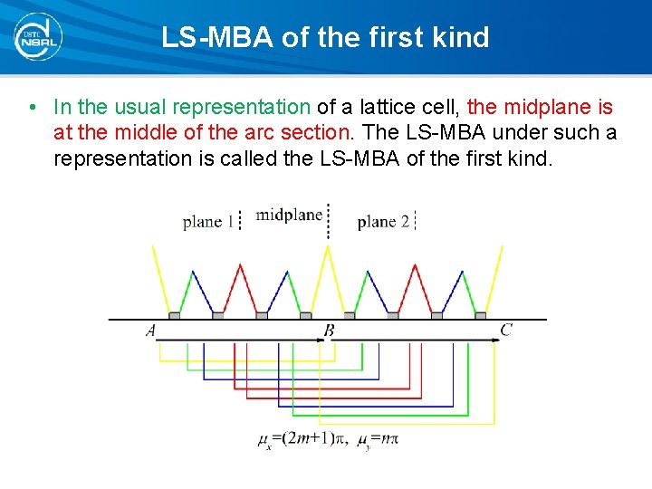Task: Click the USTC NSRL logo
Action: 37,37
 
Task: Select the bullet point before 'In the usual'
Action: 33,108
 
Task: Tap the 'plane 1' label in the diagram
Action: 208,221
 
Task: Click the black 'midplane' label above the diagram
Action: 289,215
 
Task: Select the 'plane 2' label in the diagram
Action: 383,221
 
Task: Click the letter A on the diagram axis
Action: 150,331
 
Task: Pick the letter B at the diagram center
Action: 330,331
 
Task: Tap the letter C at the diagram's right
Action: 505,331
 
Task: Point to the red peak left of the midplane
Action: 239,266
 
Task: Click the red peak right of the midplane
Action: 415,266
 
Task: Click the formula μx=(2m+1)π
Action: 299,439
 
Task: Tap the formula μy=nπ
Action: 379,439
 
